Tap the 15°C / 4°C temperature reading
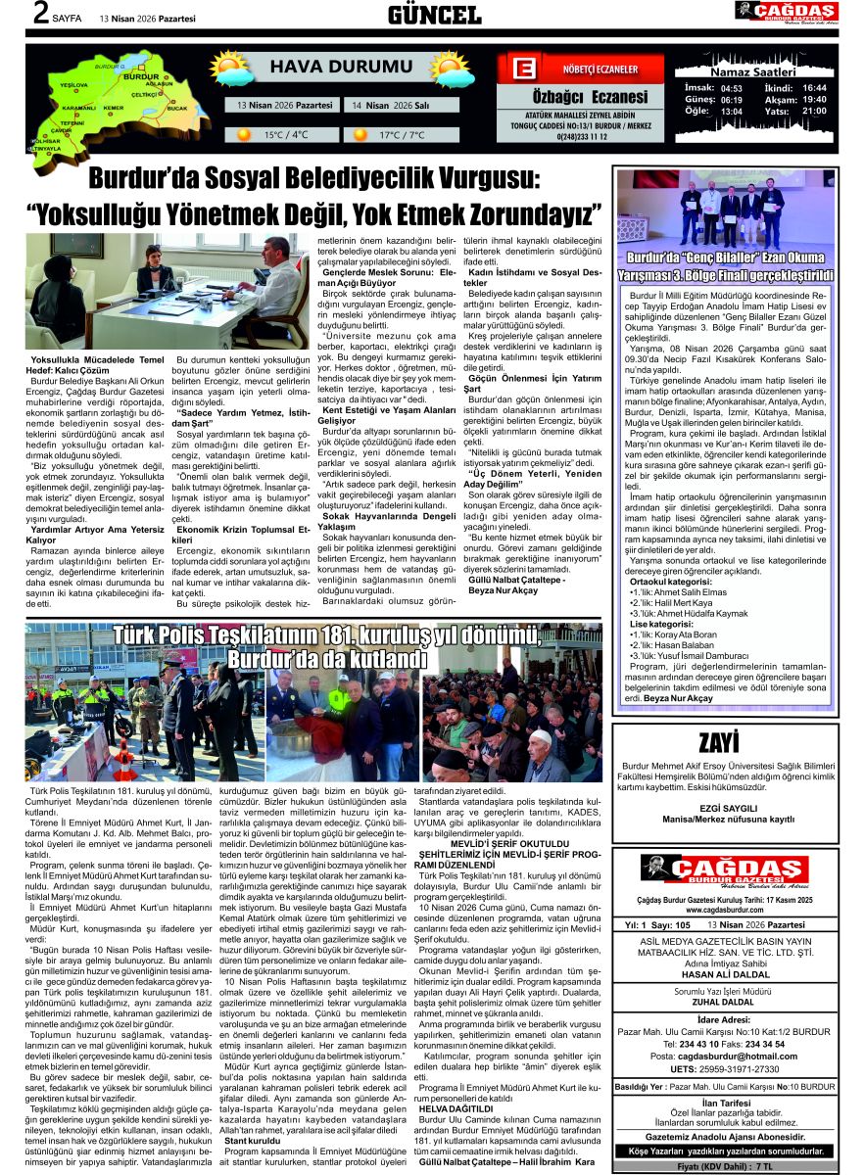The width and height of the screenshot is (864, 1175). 285,135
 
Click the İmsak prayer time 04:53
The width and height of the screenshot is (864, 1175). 731,88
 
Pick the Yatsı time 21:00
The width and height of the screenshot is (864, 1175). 814,111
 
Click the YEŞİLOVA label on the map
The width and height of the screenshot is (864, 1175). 74,85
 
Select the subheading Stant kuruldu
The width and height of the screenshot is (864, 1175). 252,1141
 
